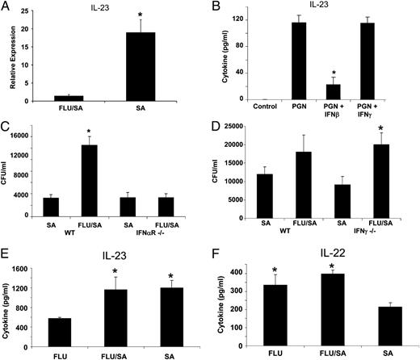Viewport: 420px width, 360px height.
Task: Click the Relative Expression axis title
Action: (9, 53)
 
